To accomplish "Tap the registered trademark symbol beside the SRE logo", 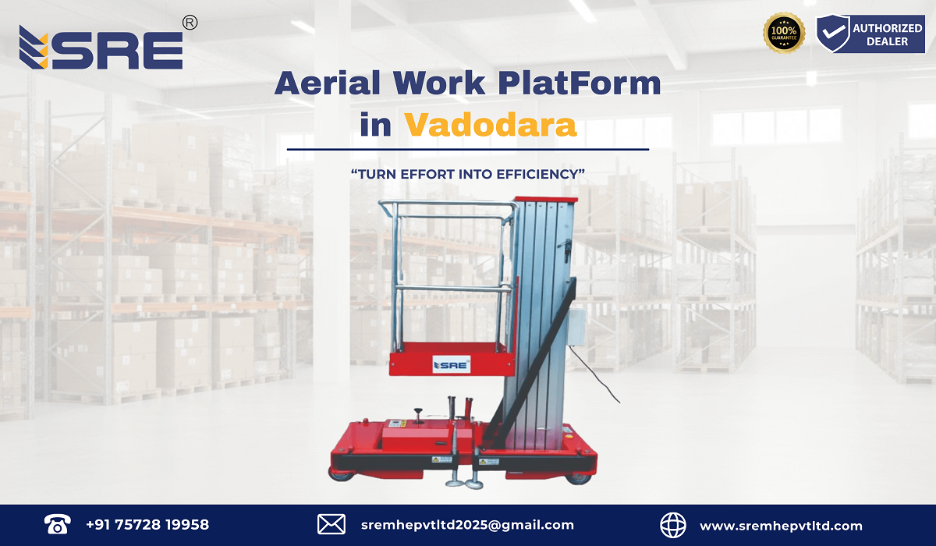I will tap(189, 23).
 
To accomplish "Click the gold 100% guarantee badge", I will tap(784, 34).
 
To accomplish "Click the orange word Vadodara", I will tap(491, 125).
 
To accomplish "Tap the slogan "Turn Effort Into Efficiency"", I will tap(468, 174).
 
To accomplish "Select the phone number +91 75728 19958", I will tap(147, 525).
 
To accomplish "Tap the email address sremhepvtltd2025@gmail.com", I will tap(468, 525).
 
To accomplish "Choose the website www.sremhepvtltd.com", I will tap(781, 526).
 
